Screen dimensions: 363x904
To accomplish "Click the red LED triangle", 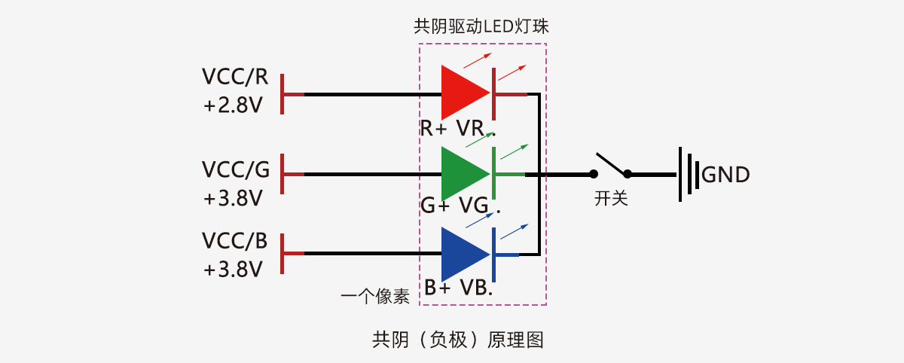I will pos(461,94).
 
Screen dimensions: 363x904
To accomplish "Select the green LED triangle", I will pos(461,174).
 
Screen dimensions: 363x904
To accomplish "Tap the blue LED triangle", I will pos(461,254).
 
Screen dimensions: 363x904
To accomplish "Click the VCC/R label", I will pos(235,77).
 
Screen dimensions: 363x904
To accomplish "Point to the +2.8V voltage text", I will pos(233,105).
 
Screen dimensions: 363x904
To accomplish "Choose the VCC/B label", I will pos(234,241).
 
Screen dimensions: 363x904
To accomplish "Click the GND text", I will pos(725,175).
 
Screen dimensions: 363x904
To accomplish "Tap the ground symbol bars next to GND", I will pos(686,175).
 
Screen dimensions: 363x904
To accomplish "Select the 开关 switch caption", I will pos(611,200).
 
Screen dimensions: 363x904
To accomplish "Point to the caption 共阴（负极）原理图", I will pos(458,340).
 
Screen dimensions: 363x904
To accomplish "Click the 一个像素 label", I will pos(375,297).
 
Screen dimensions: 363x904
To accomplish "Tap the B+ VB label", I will pos(458,287).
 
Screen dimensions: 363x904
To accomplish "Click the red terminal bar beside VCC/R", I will pos(282,94).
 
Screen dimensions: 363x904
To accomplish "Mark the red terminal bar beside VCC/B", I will pos(282,254).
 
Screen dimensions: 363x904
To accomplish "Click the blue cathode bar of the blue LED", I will pos(493,254).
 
